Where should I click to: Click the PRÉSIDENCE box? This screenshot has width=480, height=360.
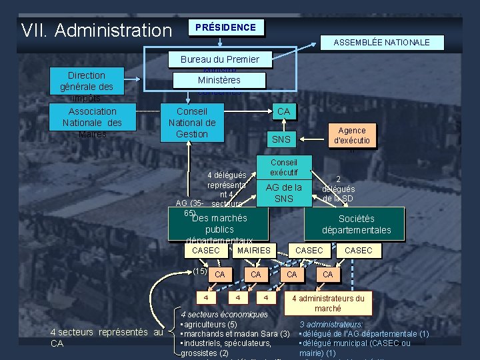225,27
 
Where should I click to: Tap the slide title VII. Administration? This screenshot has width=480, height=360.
96,30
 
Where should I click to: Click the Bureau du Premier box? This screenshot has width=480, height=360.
219,59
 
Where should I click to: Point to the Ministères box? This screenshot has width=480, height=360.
219,80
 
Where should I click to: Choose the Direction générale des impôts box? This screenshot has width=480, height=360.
87,85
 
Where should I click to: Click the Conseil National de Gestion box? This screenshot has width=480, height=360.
192,123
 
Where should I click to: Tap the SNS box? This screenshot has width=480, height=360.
281,139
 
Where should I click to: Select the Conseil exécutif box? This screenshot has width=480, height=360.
283,167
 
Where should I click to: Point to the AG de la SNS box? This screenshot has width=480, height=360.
284,193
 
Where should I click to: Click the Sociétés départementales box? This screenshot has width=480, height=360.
356,225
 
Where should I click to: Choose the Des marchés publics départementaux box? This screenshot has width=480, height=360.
219,225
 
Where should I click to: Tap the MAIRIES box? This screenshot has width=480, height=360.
253,250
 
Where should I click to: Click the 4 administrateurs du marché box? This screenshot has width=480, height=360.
327,303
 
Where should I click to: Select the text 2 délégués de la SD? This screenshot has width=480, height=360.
339,189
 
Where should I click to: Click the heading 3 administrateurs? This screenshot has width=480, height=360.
331,324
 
